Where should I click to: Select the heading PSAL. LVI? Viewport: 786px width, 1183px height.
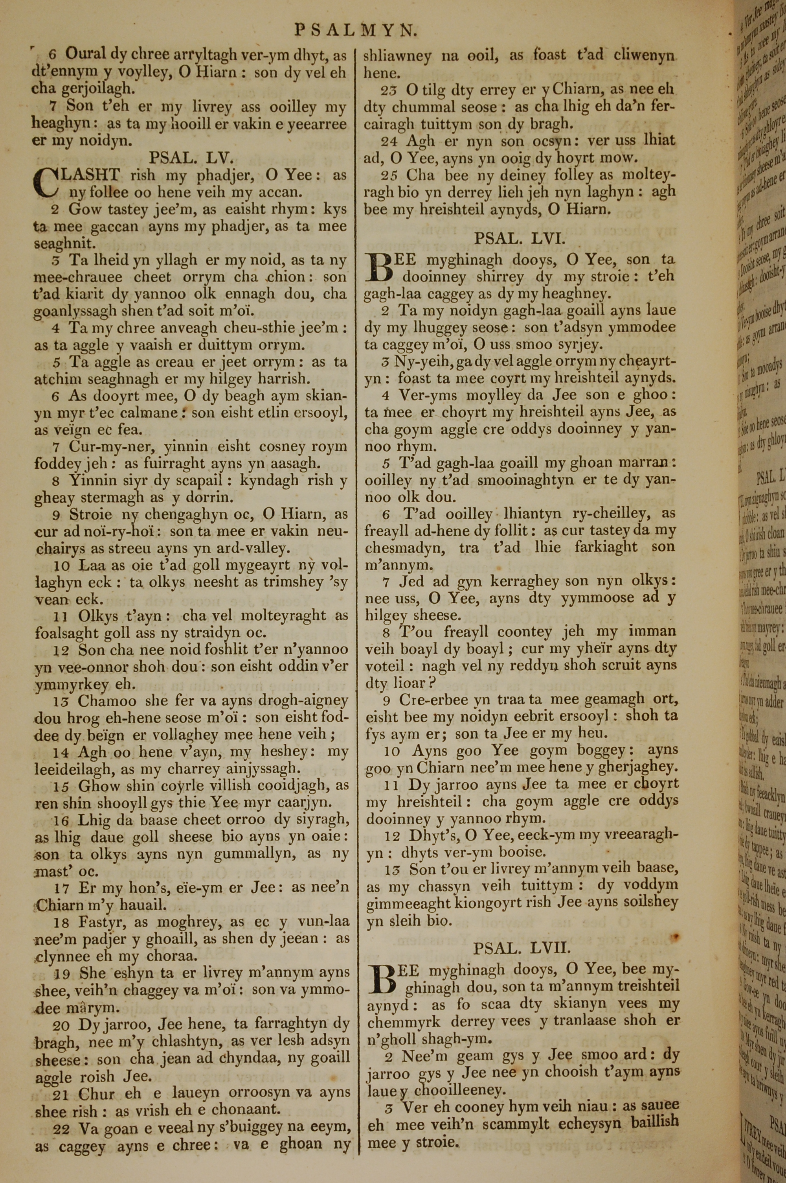(x=520, y=239)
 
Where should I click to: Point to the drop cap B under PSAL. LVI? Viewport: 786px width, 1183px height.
(x=380, y=268)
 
